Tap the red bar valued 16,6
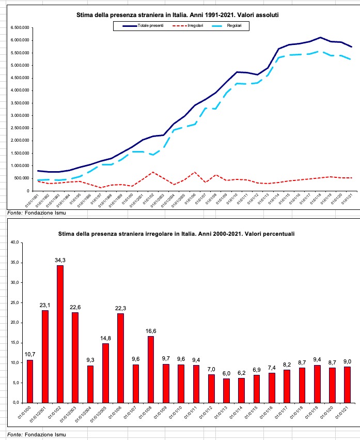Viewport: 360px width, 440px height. (x=150, y=369)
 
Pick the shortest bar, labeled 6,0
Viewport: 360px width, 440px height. (x=226, y=390)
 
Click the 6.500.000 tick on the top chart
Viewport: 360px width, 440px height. (x=16, y=27)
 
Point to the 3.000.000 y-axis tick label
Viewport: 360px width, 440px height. (x=16, y=115)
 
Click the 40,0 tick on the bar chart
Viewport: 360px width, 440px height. (x=14, y=242)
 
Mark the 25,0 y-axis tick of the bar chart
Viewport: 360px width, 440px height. (x=14, y=302)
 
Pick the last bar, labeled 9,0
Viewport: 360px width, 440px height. (x=348, y=384)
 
